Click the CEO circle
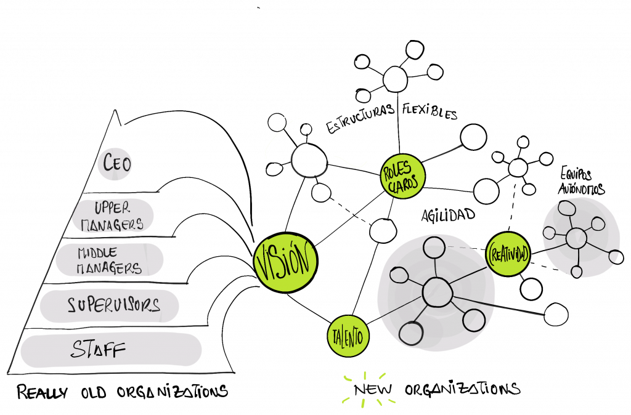[115, 164]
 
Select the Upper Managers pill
[113, 216]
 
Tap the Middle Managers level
[110, 260]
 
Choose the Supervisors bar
[110, 306]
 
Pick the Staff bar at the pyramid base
[111, 350]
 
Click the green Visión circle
[285, 262]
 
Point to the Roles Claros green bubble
[403, 176]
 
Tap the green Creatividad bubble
[508, 254]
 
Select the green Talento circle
[348, 336]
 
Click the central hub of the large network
[437, 292]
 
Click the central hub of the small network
[576, 238]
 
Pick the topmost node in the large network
[433, 248]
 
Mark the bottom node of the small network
[576, 271]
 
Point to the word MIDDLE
[97, 252]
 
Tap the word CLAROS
[404, 184]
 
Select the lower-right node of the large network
[473, 320]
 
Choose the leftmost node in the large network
[399, 275]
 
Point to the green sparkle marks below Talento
[367, 389]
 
